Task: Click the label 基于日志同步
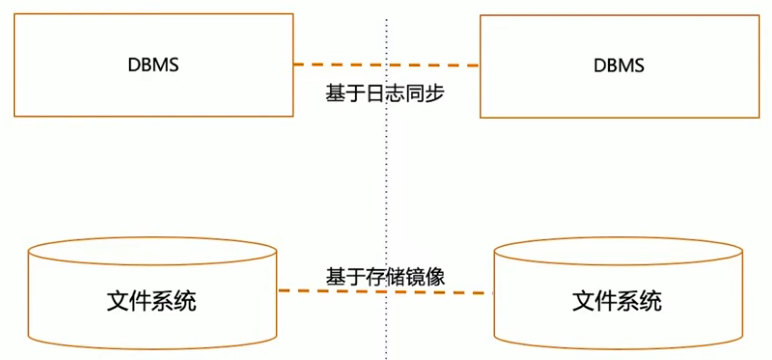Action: [384, 95]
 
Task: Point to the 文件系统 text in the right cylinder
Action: [617, 300]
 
